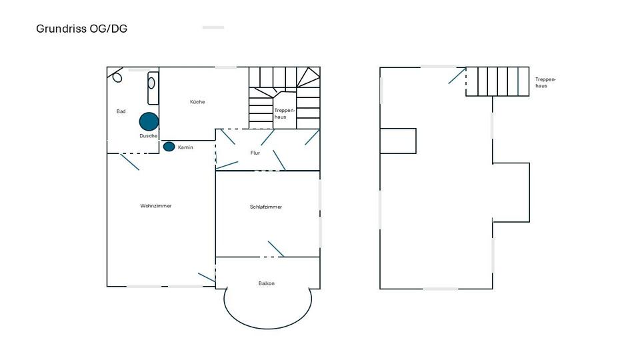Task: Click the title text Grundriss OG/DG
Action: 81,29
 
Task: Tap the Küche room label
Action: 197,102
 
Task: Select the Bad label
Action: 121,111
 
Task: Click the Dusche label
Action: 149,136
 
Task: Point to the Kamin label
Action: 185,147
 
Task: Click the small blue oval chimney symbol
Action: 169,147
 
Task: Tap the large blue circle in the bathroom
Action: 149,121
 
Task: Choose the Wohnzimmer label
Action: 156,206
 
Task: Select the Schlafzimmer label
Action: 266,207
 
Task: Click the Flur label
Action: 255,153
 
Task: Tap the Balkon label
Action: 267,283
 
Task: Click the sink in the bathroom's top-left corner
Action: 117,76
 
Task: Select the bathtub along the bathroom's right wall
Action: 153,87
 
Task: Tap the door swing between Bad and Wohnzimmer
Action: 129,162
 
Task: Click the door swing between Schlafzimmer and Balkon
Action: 276,249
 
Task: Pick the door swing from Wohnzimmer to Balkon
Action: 207,277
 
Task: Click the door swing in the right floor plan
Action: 457,75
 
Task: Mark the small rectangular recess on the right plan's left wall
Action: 398,141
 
